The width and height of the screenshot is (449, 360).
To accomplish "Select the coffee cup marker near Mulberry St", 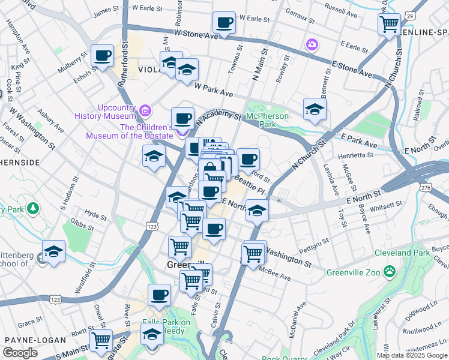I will coord(101,57).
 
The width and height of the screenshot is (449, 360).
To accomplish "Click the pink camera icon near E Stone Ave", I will coord(312,44).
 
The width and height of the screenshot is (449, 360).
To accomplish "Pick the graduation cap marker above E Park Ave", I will coord(314,110).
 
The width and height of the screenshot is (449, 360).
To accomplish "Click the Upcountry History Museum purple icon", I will coord(145,110).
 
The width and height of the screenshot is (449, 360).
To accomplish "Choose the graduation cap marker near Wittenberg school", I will coord(53,252).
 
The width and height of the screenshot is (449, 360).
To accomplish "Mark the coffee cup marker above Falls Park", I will coord(159,295).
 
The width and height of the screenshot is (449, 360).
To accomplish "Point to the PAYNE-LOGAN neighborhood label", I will coord(35,340).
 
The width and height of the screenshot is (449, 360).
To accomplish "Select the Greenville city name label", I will coord(187,265).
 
